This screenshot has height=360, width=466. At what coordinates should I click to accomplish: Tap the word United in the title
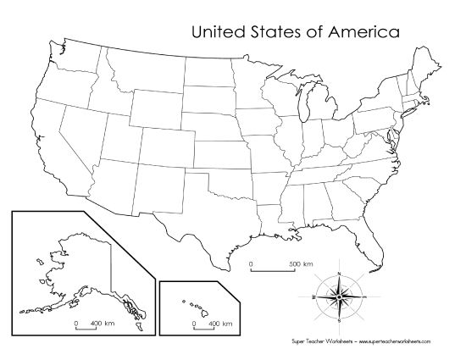click(x=219, y=32)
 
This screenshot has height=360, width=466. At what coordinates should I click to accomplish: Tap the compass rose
click(x=339, y=297)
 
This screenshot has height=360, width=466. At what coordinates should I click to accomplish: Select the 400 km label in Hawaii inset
click(x=221, y=323)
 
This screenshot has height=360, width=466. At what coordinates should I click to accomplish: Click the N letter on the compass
click(x=339, y=272)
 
